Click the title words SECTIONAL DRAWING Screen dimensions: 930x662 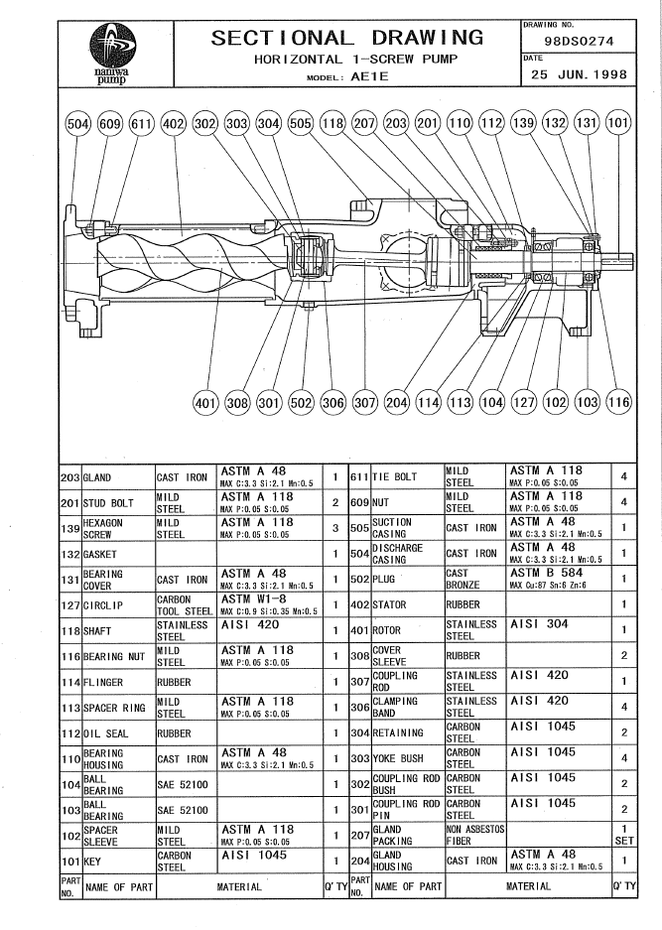347,38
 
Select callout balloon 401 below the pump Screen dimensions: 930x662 204,404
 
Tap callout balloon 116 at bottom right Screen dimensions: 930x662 618,404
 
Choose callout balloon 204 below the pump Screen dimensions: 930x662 395,404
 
